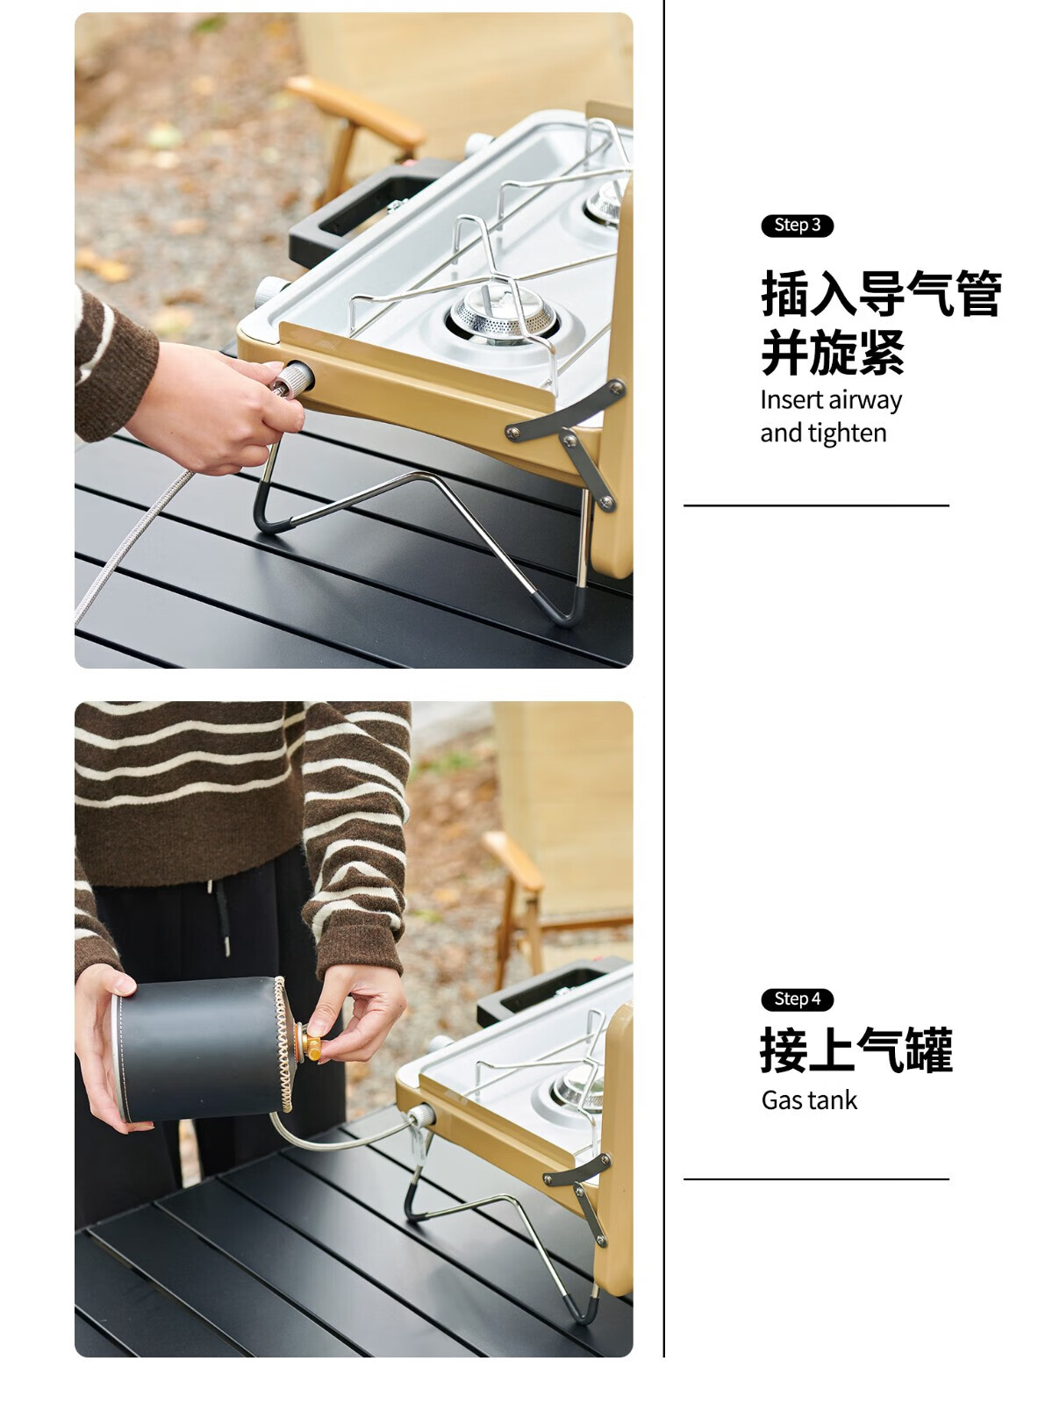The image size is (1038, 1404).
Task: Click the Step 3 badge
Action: [797, 226]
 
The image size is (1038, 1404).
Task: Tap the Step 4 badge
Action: [797, 999]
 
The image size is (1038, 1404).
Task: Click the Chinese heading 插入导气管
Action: [881, 293]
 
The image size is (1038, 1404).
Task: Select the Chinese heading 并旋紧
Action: [833, 352]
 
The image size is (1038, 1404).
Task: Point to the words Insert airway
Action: [831, 400]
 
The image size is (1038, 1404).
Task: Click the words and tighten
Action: [823, 433]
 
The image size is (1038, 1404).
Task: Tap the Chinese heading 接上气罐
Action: [856, 1050]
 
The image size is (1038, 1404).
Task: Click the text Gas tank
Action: [809, 1100]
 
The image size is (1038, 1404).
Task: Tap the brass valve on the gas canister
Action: [310, 1047]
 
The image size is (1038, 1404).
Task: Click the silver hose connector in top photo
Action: [292, 381]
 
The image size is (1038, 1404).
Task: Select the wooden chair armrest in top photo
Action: [355, 111]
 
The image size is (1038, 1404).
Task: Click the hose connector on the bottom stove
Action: [421, 1116]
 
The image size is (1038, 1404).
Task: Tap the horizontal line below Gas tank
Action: [816, 1179]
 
